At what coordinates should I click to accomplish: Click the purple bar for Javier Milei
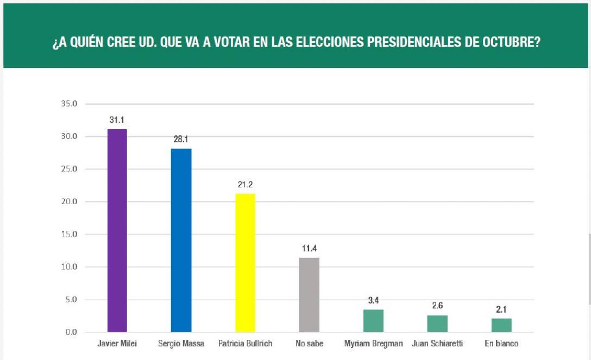click(x=117, y=230)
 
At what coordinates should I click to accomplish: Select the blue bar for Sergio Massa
click(x=181, y=240)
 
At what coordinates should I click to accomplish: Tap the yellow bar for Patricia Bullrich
click(x=245, y=262)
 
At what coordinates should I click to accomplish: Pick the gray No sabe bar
click(x=309, y=294)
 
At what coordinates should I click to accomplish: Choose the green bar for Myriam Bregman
click(x=373, y=321)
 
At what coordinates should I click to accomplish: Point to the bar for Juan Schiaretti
click(x=437, y=324)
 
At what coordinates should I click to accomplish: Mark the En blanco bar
click(x=501, y=325)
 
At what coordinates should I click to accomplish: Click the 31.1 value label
click(x=117, y=119)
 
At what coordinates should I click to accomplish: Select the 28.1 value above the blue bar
click(x=181, y=139)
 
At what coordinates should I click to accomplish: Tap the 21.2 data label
click(x=245, y=185)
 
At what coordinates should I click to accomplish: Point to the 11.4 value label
click(x=309, y=248)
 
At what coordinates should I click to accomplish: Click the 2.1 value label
click(x=501, y=309)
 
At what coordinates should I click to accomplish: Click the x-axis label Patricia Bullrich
click(x=245, y=344)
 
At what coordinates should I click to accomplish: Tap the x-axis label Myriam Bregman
click(x=373, y=344)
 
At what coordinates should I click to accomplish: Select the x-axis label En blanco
click(x=501, y=344)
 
